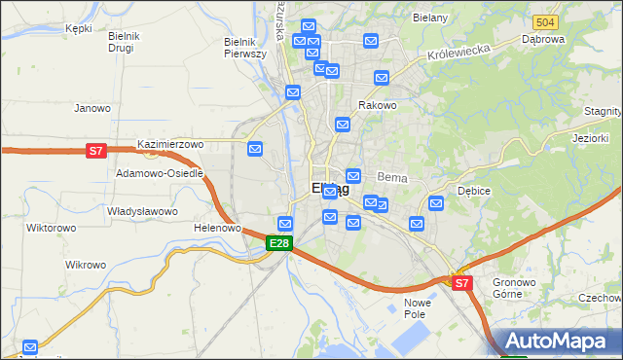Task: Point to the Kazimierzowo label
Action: click(170, 144)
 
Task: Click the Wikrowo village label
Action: click(85, 265)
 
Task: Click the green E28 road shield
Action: click(279, 243)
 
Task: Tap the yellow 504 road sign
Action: click(545, 22)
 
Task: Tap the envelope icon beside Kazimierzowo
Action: click(255, 149)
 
